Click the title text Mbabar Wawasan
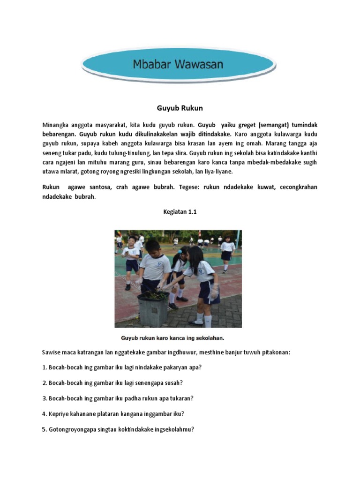click(178, 64)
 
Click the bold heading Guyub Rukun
click(180, 108)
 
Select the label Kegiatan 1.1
click(180, 212)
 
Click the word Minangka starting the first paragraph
click(55, 126)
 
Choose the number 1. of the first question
click(45, 367)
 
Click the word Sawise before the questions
click(52, 352)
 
